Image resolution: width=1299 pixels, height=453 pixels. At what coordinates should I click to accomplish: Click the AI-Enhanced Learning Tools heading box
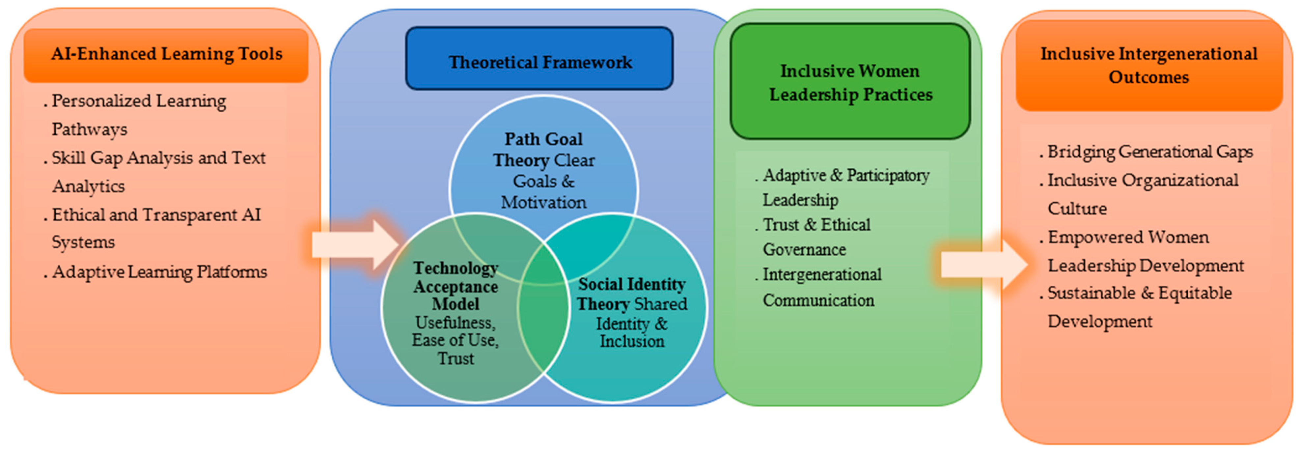click(166, 54)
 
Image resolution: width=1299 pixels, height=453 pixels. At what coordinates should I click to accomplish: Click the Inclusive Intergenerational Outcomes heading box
click(1149, 66)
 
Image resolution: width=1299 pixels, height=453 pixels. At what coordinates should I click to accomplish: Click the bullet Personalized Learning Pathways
click(139, 115)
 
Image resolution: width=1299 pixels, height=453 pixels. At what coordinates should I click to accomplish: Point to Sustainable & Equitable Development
click(1139, 307)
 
